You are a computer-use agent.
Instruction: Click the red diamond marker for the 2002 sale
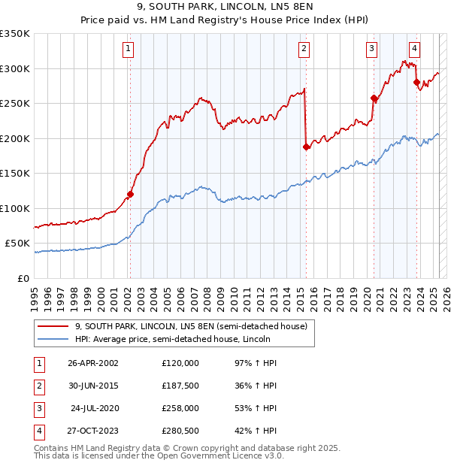pos(130,194)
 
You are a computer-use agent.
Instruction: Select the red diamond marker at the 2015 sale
pos(306,147)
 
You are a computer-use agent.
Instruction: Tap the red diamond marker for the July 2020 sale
pos(374,98)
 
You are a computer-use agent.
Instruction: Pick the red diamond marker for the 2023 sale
pos(416,82)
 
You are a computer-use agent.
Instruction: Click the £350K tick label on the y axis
pos(15,34)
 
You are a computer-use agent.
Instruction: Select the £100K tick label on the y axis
pos(15,208)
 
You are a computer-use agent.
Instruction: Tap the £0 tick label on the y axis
pos(23,278)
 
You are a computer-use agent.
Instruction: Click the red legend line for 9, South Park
pos(53,327)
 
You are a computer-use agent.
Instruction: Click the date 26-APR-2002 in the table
pos(93,362)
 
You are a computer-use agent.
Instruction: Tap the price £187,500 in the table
pos(180,386)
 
